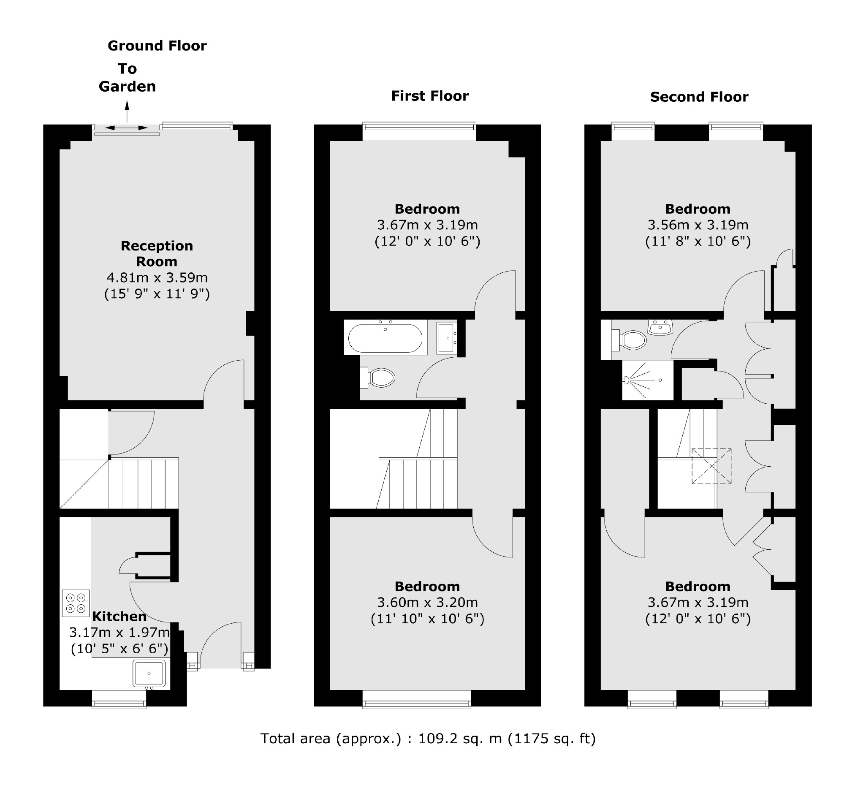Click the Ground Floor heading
[157, 46]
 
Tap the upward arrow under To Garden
[127, 112]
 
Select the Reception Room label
[157, 253]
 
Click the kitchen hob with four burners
[76, 603]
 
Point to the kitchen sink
[149, 673]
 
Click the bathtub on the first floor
[385, 339]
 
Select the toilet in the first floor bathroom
[379, 378]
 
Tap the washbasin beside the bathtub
[446, 338]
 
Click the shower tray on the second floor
[647, 380]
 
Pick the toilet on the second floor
[631, 340]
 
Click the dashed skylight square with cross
[711, 466]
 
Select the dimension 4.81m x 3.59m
[157, 277]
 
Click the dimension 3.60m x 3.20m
[427, 603]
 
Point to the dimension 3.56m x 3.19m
[698, 225]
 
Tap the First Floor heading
[430, 96]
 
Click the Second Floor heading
[699, 97]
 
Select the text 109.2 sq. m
[460, 738]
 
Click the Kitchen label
[119, 616]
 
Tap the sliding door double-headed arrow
[126, 128]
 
